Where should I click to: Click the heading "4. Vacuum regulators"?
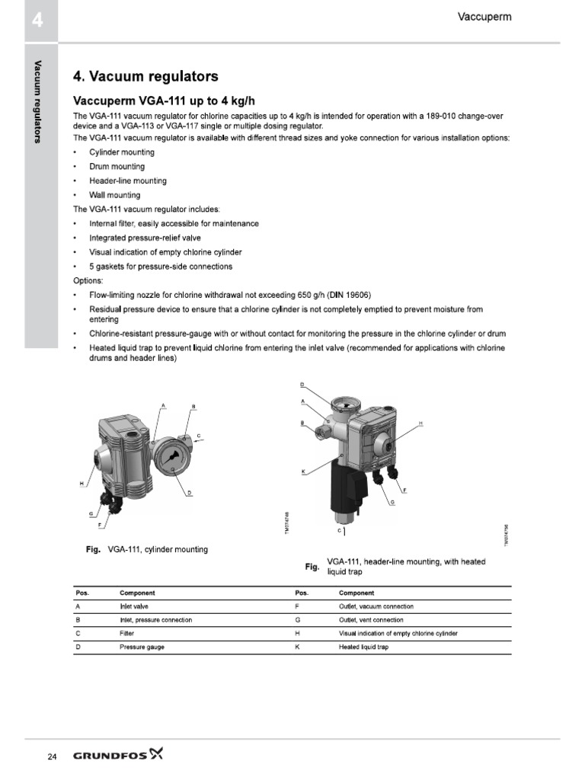[x=145, y=76]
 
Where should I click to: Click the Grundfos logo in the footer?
[x=118, y=756]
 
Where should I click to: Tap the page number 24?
[x=52, y=756]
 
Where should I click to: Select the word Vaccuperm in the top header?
[x=484, y=16]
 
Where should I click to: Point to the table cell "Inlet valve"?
[x=136, y=606]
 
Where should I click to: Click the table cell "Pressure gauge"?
[x=142, y=647]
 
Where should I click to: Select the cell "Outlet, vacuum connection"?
[x=376, y=606]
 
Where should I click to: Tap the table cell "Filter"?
[x=127, y=633]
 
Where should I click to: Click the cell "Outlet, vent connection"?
[x=371, y=620]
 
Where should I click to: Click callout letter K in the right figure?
[x=303, y=472]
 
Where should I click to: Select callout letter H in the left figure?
[x=82, y=484]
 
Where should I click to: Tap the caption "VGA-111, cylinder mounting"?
[x=158, y=548]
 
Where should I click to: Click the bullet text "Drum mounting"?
[x=117, y=166]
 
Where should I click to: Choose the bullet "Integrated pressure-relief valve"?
[x=145, y=238]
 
